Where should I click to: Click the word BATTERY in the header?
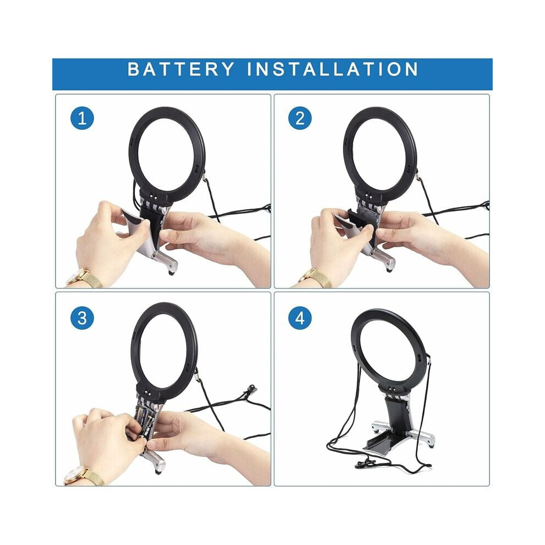[181, 69]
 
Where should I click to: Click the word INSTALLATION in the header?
[333, 69]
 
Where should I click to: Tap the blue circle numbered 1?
[82, 118]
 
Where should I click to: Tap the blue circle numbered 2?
[300, 118]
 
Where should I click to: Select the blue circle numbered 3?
[82, 318]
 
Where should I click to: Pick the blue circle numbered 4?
[300, 318]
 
